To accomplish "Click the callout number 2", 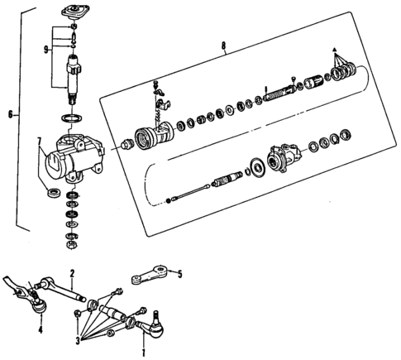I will (x=73, y=274).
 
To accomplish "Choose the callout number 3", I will (x=79, y=339).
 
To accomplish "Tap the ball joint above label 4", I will (x=38, y=306).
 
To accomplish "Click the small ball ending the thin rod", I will (x=169, y=199).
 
